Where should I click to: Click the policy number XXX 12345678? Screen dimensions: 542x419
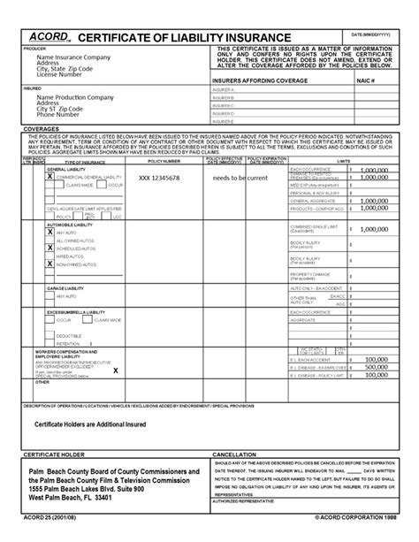(159, 177)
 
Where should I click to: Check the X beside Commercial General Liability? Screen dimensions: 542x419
(50, 177)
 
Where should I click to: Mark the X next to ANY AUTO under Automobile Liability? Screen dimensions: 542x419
(50, 231)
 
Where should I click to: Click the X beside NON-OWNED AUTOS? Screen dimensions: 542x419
(50, 263)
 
